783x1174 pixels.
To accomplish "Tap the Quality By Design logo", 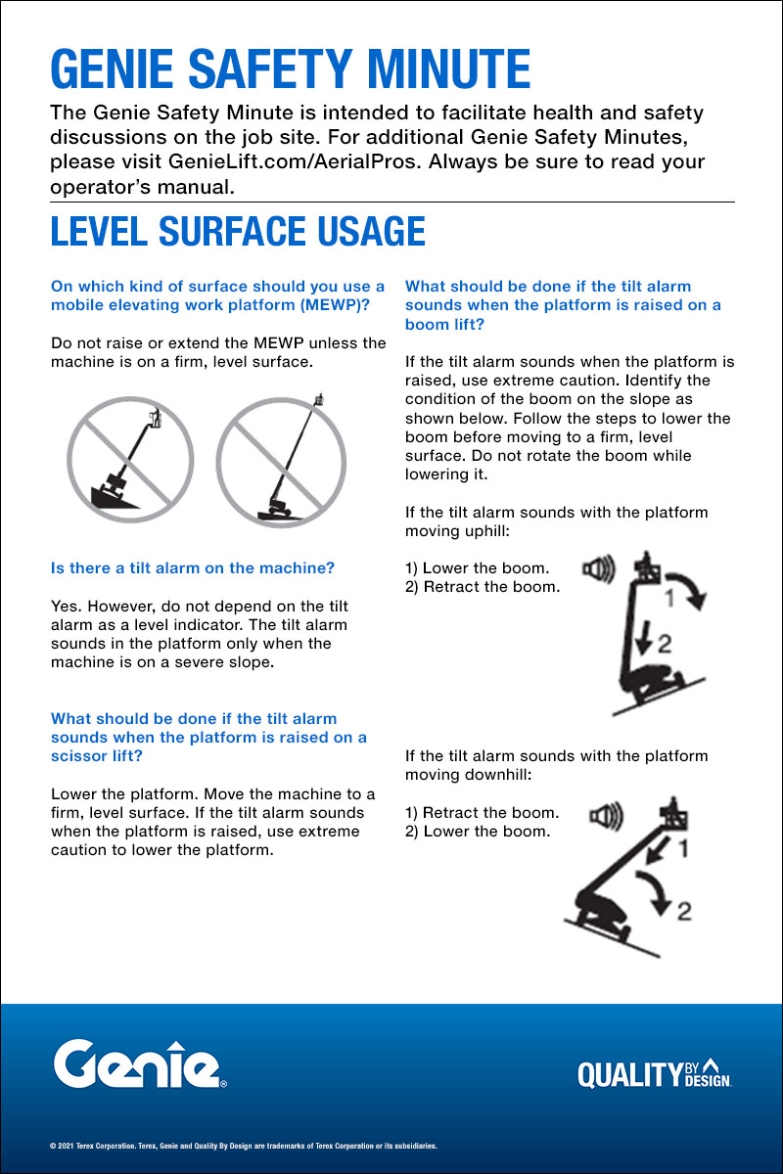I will (655, 1073).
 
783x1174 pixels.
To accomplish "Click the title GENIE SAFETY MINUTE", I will (290, 68).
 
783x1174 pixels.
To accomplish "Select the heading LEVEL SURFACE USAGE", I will (238, 231).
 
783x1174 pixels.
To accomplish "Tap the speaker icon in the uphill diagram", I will (598, 569).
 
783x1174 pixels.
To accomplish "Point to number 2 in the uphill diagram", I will (665, 642).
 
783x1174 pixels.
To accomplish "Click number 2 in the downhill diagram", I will (682, 909).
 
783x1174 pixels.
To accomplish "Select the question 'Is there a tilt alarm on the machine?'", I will (193, 567).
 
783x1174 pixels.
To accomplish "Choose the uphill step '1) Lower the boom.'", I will (477, 568).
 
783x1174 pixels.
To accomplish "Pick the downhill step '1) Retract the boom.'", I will (482, 813).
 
